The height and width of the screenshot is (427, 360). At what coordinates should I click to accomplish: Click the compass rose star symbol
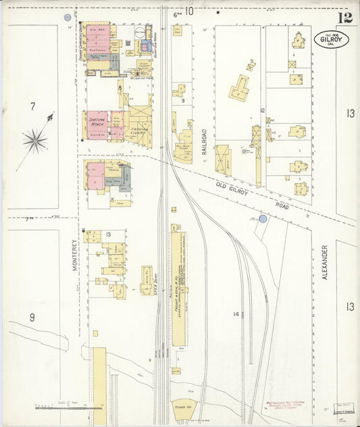pos(34,141)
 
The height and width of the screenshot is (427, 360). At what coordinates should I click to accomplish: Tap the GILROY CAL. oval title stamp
pos(330,39)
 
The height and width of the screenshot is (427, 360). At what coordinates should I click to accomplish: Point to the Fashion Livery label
pos(139,130)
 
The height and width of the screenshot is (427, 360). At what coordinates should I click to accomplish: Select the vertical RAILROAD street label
pos(203,143)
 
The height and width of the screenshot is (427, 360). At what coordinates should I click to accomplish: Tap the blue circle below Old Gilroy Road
pos(263,218)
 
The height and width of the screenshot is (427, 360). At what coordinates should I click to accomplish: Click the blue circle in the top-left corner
pos(67,16)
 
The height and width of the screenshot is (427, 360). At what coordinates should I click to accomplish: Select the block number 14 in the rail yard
pos(236,313)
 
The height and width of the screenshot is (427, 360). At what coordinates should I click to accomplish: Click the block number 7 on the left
pos(32,106)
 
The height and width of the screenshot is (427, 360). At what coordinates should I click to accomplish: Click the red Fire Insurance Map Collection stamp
pos(274,405)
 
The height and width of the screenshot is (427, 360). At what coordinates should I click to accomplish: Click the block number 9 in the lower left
pos(32,316)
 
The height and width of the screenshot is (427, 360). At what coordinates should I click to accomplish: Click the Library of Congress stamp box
pos(344,409)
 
